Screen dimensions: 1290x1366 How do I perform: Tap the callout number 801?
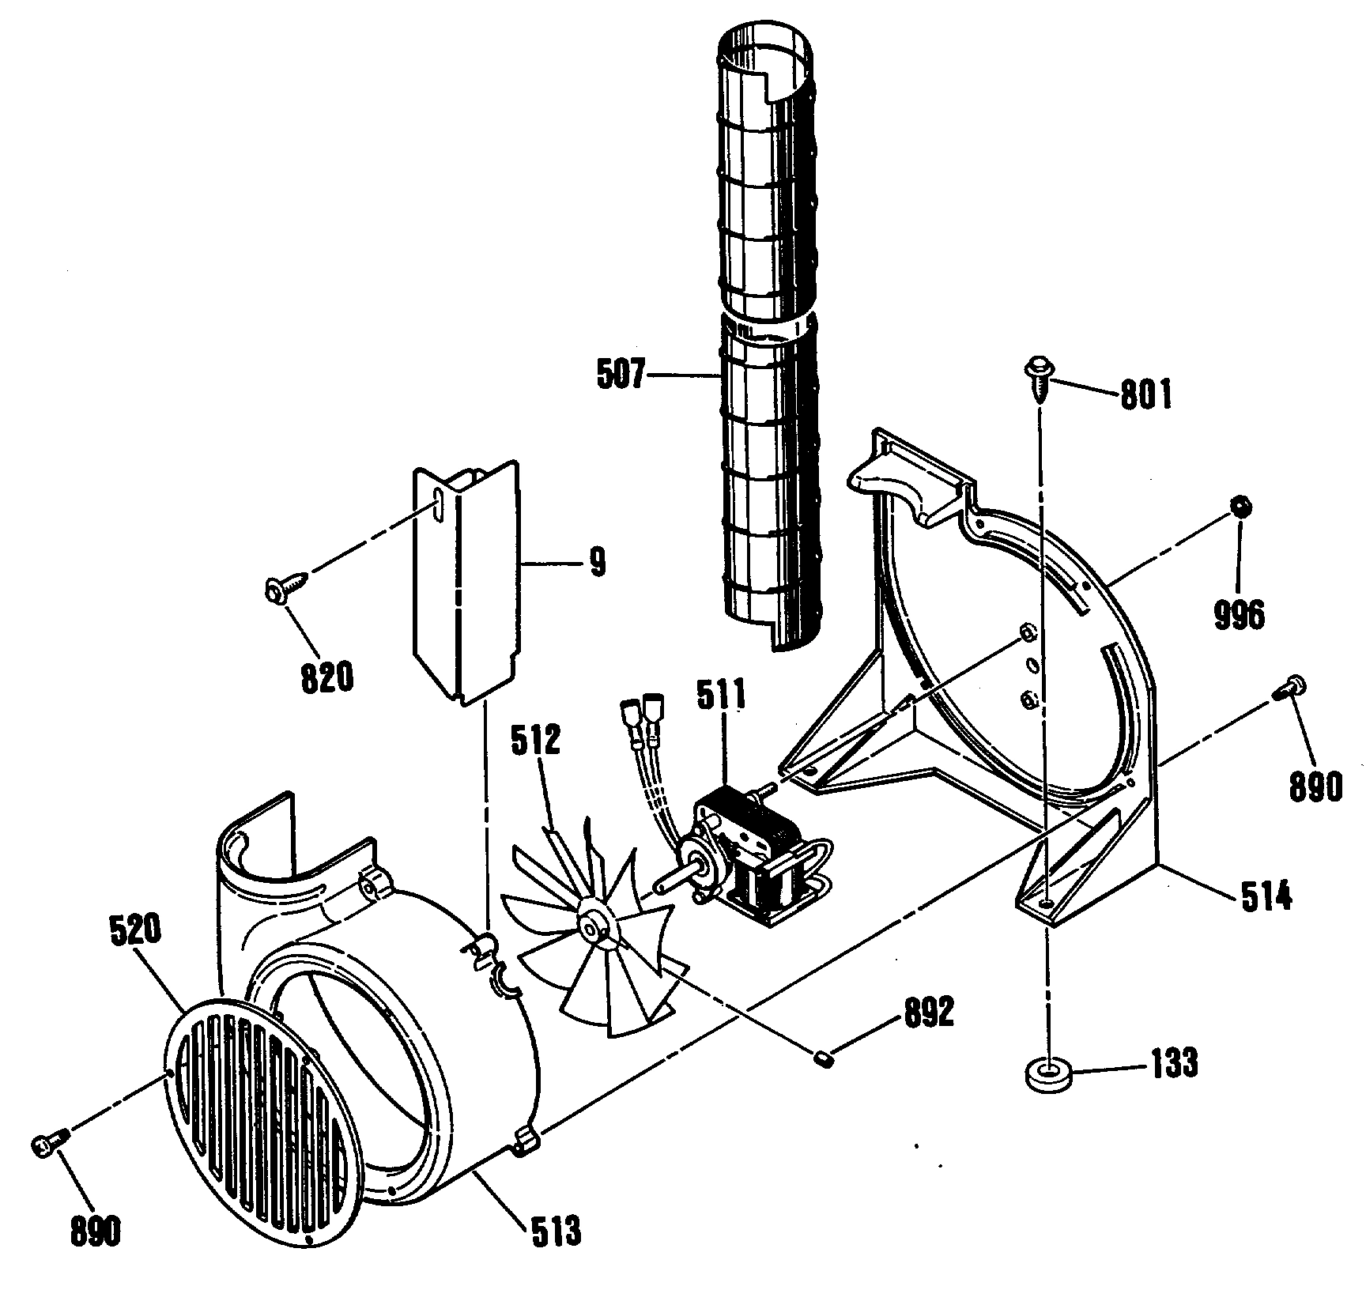1145,394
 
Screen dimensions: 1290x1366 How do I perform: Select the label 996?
1239,591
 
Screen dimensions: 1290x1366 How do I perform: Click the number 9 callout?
598,561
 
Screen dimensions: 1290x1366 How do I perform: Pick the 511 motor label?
720,696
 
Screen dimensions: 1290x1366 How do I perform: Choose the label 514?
1265,897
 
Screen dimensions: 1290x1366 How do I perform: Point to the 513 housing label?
555,1232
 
